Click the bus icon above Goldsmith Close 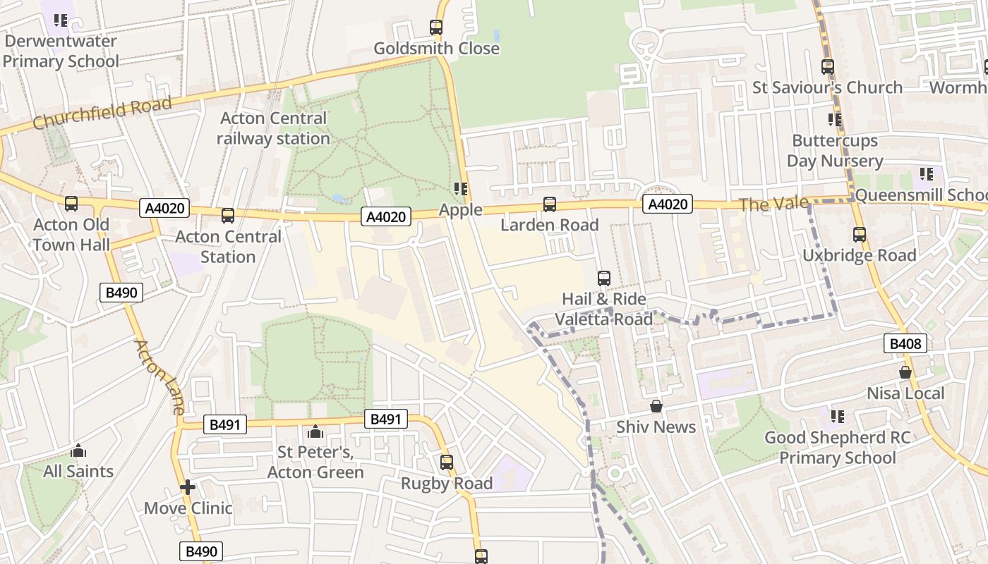[436, 27]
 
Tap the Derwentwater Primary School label [61, 51]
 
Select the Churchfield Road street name [102, 114]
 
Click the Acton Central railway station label [273, 128]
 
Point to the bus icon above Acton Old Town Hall [71, 204]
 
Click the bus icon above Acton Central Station [227, 216]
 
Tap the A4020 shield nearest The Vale [667, 204]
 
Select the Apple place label [461, 209]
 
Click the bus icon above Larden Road [550, 204]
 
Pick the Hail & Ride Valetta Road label [604, 309]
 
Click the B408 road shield [905, 344]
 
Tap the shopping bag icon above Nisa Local [905, 372]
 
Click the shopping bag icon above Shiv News [656, 406]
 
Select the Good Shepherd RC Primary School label [837, 448]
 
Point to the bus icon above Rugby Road [447, 462]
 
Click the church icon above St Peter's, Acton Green [315, 431]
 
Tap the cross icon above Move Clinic [188, 487]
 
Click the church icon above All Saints [78, 450]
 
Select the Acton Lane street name [159, 377]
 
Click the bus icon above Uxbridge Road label [859, 235]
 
